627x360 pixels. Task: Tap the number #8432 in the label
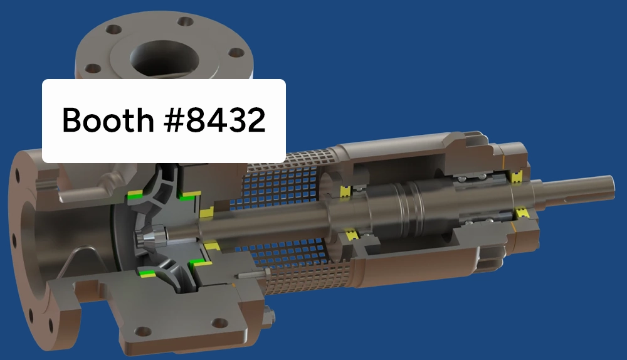click(x=216, y=120)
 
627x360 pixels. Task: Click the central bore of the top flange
click(x=165, y=57)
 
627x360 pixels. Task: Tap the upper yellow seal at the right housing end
click(x=517, y=177)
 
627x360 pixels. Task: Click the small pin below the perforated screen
click(x=251, y=274)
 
